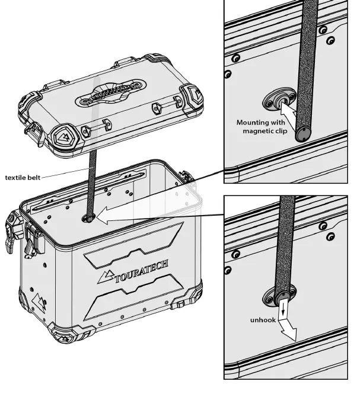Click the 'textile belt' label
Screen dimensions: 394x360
pos(22,177)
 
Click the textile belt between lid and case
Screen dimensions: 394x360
pos(93,184)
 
